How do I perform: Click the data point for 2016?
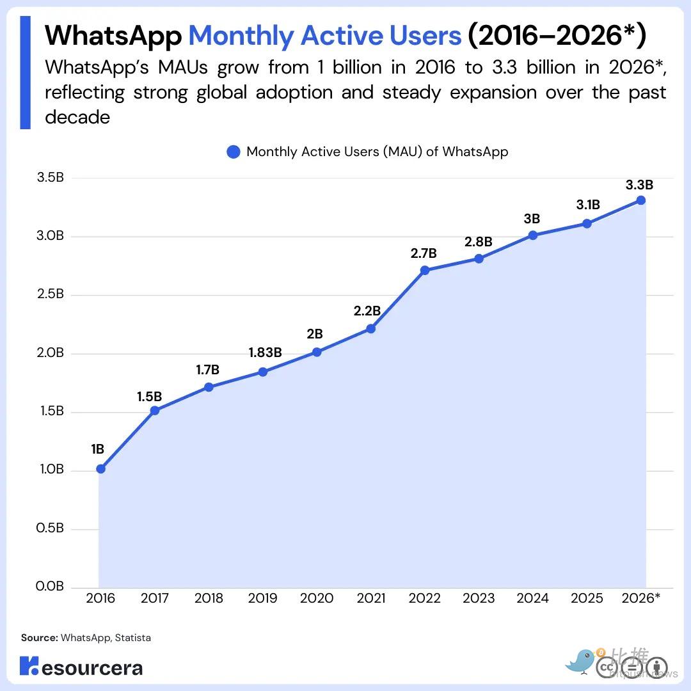pos(100,469)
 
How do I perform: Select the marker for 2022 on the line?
pos(425,270)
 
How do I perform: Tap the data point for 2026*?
pos(641,200)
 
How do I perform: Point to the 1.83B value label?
pos(265,353)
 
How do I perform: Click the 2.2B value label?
pos(367,311)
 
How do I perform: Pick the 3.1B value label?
pos(588,205)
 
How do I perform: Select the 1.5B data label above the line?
pos(149,397)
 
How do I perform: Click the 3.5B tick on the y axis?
pos(51,177)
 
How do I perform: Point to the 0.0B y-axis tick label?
pos(50,586)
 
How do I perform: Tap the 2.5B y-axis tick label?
pos(51,294)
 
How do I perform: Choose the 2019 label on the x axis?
pos(263,598)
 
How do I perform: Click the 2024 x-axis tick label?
pos(533,598)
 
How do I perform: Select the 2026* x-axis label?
pos(641,598)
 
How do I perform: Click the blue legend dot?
pos(233,152)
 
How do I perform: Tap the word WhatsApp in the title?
pos(113,35)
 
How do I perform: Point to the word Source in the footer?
pos(39,638)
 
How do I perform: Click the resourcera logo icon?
pos(29,665)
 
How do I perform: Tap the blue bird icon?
pos(580,661)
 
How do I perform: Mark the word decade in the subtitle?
pos(77,117)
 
